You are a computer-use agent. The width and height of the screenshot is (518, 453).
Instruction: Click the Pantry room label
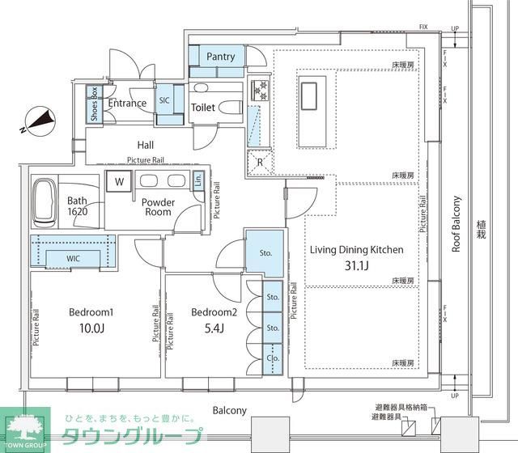pyautogui.click(x=220, y=57)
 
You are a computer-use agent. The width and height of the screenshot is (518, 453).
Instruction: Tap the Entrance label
pyautogui.click(x=128, y=104)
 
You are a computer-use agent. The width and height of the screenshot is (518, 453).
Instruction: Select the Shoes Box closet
pyautogui.click(x=94, y=104)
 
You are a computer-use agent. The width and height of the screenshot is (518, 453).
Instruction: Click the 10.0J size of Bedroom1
pyautogui.click(x=91, y=328)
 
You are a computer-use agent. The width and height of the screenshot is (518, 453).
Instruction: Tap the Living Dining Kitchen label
pyautogui.click(x=357, y=249)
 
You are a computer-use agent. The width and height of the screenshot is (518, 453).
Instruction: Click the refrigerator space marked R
pyautogui.click(x=258, y=160)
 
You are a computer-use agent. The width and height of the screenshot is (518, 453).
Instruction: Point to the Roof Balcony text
pyautogui.click(x=456, y=224)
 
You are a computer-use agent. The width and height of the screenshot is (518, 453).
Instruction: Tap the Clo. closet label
pyautogui.click(x=273, y=355)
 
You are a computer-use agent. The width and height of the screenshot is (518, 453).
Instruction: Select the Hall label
pyautogui.click(x=146, y=145)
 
